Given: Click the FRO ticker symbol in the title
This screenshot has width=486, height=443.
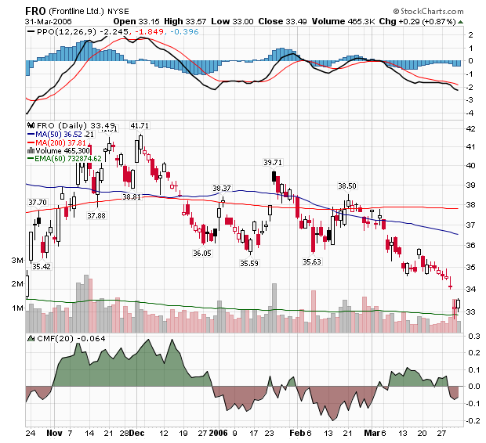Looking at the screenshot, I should click(x=36, y=10).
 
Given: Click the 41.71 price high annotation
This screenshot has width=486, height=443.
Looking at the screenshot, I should click(x=140, y=125).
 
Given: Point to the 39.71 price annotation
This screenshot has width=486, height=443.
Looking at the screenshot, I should click(x=272, y=162).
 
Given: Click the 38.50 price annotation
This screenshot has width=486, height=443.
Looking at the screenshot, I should click(x=346, y=186).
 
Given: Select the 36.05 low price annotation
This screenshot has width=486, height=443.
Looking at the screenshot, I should click(x=202, y=253).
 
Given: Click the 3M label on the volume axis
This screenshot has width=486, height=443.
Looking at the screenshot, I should click(x=16, y=260).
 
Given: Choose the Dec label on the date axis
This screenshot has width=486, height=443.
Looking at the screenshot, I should click(x=136, y=431).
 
